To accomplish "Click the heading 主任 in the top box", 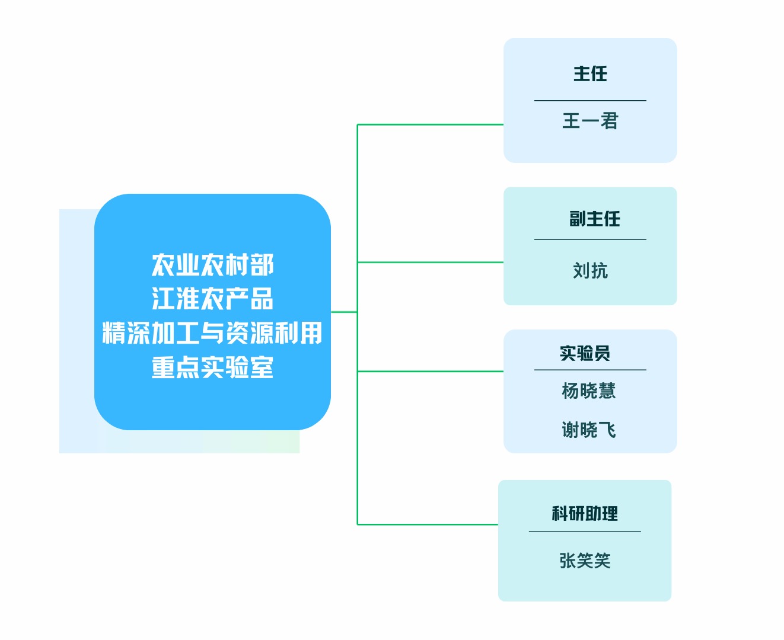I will tap(590, 74).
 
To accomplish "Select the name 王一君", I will tap(590, 121).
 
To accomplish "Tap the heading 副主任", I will tap(594, 219).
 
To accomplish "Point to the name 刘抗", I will tap(590, 271).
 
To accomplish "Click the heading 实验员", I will tap(585, 354).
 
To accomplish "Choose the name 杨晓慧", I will tap(588, 391).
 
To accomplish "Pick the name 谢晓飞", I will tap(588, 430).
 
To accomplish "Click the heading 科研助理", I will tap(585, 514).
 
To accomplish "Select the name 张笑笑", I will tap(585, 561).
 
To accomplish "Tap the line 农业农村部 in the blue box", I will tap(212, 265).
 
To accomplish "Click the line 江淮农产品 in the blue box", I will tap(212, 299).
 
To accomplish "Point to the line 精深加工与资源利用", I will tap(212, 333).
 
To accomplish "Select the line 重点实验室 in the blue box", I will tap(212, 367).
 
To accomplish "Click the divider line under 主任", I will tap(590, 101).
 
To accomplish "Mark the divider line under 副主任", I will tap(590, 240).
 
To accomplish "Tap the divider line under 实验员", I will tap(590, 370).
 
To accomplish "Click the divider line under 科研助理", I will tap(585, 532).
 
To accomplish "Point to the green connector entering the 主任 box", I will tap(430, 124).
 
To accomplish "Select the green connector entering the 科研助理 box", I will tap(427, 524).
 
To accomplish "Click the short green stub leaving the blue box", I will tap(344, 312).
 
